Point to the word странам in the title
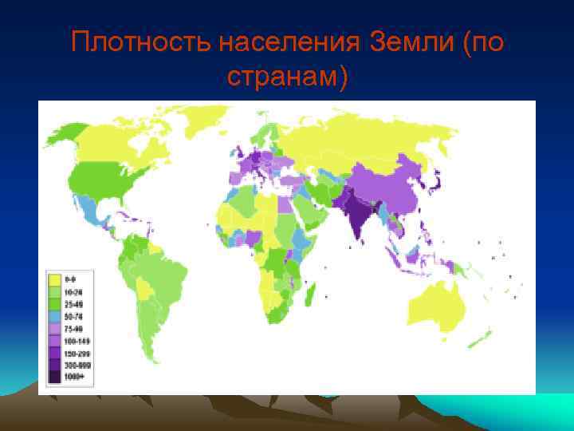283,77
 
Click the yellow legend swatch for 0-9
56,281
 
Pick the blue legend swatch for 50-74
56,317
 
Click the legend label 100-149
76,341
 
